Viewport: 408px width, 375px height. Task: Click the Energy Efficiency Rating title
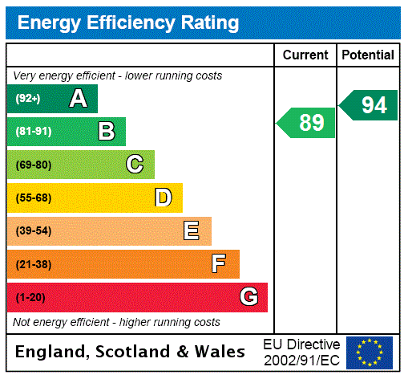click(128, 23)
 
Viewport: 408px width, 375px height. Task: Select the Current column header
click(305, 55)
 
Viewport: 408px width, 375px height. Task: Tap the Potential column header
click(367, 55)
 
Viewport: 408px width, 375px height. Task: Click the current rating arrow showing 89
click(307, 123)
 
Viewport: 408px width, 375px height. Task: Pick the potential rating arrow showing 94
click(369, 105)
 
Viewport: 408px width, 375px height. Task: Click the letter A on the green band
click(78, 99)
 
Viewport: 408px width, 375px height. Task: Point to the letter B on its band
click(106, 132)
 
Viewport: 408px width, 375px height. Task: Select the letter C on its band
click(135, 165)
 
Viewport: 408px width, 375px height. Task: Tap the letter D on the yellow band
click(163, 198)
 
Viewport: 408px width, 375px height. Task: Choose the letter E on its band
click(192, 231)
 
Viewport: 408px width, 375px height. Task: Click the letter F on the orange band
click(219, 264)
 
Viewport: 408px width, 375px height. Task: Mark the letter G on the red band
click(248, 297)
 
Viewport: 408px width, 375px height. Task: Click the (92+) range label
click(28, 99)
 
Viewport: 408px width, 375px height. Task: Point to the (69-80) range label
click(33, 165)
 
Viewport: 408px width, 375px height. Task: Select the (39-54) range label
click(33, 231)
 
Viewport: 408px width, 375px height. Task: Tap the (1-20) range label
click(30, 297)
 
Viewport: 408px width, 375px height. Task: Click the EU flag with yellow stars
click(369, 352)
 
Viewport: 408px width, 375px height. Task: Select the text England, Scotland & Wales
click(131, 352)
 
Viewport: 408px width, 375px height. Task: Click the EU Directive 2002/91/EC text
click(301, 352)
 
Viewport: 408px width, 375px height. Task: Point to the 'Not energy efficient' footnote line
click(116, 322)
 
